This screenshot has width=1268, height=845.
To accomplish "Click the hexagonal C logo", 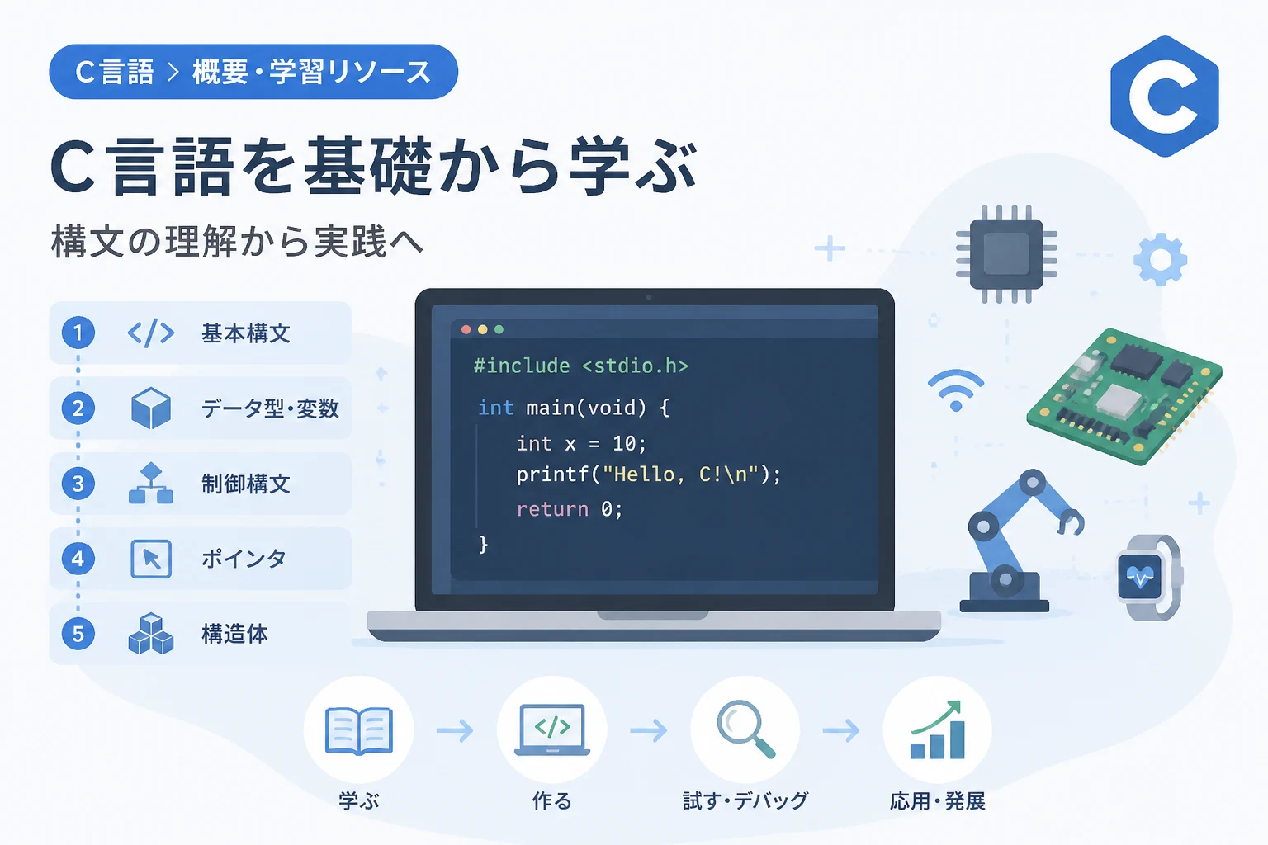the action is point(1165,97).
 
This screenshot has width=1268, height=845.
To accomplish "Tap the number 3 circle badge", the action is point(78,484).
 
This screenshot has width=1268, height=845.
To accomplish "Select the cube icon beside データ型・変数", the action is point(150,408).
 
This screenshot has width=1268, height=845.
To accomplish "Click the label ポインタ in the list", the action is point(244,559).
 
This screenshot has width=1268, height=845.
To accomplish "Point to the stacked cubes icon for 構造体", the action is point(150,634).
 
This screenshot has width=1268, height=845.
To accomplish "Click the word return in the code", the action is point(552,509).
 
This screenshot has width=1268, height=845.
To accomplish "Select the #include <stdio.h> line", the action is point(581,366).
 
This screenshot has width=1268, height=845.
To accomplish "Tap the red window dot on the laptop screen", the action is point(466,329).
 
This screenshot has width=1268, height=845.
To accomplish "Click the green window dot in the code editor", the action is point(499,329).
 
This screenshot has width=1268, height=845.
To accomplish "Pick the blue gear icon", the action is point(1160,259).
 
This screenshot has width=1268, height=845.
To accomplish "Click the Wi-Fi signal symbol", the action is point(956,390).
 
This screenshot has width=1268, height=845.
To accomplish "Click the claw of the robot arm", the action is point(1070,522).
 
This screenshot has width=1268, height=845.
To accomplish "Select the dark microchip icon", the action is point(1006,254).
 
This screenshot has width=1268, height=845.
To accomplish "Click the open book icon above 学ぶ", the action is point(359,730).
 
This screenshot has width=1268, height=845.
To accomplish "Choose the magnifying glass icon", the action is point(745,729).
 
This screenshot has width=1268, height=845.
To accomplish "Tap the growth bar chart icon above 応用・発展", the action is point(937,729).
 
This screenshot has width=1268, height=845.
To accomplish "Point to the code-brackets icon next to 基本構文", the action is point(150,333).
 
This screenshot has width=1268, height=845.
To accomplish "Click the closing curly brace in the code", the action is point(483,545).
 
